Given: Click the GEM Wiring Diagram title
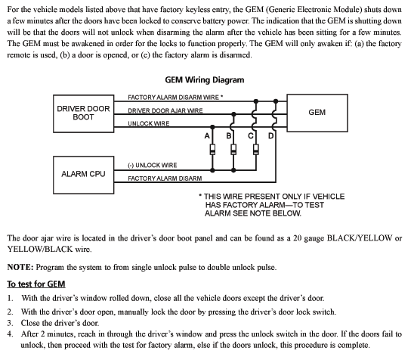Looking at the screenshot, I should [x=204, y=79].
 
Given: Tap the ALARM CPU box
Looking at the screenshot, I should [x=83, y=173].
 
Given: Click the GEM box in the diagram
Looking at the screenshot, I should [x=317, y=113].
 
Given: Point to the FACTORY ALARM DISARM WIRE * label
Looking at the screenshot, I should [x=175, y=98].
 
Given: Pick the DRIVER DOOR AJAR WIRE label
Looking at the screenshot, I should [x=165, y=110].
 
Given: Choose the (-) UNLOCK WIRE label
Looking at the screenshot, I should [x=153, y=165].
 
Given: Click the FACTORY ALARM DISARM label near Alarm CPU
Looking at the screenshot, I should [x=165, y=178].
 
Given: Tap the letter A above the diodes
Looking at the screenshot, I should [x=207, y=135].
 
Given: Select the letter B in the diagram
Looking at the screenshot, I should [x=229, y=135].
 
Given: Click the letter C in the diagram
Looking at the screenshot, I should [x=250, y=135].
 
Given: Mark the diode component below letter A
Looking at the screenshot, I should [x=214, y=149].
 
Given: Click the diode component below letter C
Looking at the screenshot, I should [x=256, y=149].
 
